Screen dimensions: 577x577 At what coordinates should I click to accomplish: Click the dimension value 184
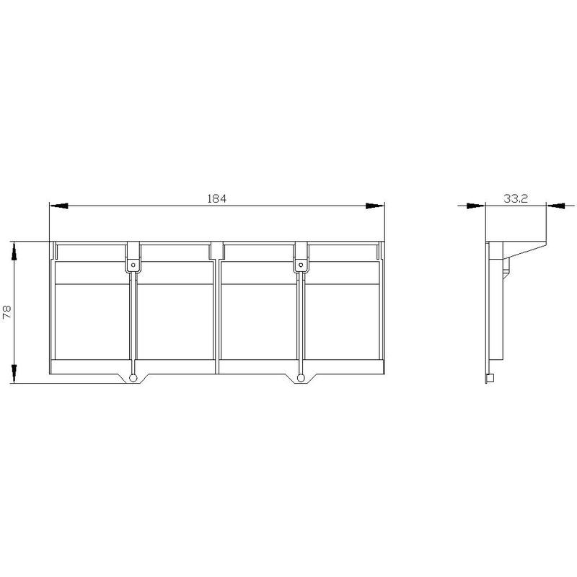click(x=217, y=199)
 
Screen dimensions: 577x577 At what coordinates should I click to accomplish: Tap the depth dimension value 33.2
click(x=516, y=199)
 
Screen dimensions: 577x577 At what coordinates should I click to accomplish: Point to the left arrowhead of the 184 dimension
click(x=59, y=206)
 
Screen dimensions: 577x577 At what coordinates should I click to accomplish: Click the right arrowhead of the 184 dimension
click(x=375, y=206)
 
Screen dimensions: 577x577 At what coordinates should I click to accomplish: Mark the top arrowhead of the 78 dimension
click(x=14, y=251)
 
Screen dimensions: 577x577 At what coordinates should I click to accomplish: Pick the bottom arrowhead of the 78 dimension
click(x=14, y=374)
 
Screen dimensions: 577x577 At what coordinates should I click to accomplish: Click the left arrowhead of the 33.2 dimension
click(x=476, y=206)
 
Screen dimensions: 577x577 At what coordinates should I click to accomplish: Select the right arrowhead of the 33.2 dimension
click(x=555, y=206)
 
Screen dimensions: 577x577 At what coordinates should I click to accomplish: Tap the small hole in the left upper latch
click(x=133, y=265)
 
